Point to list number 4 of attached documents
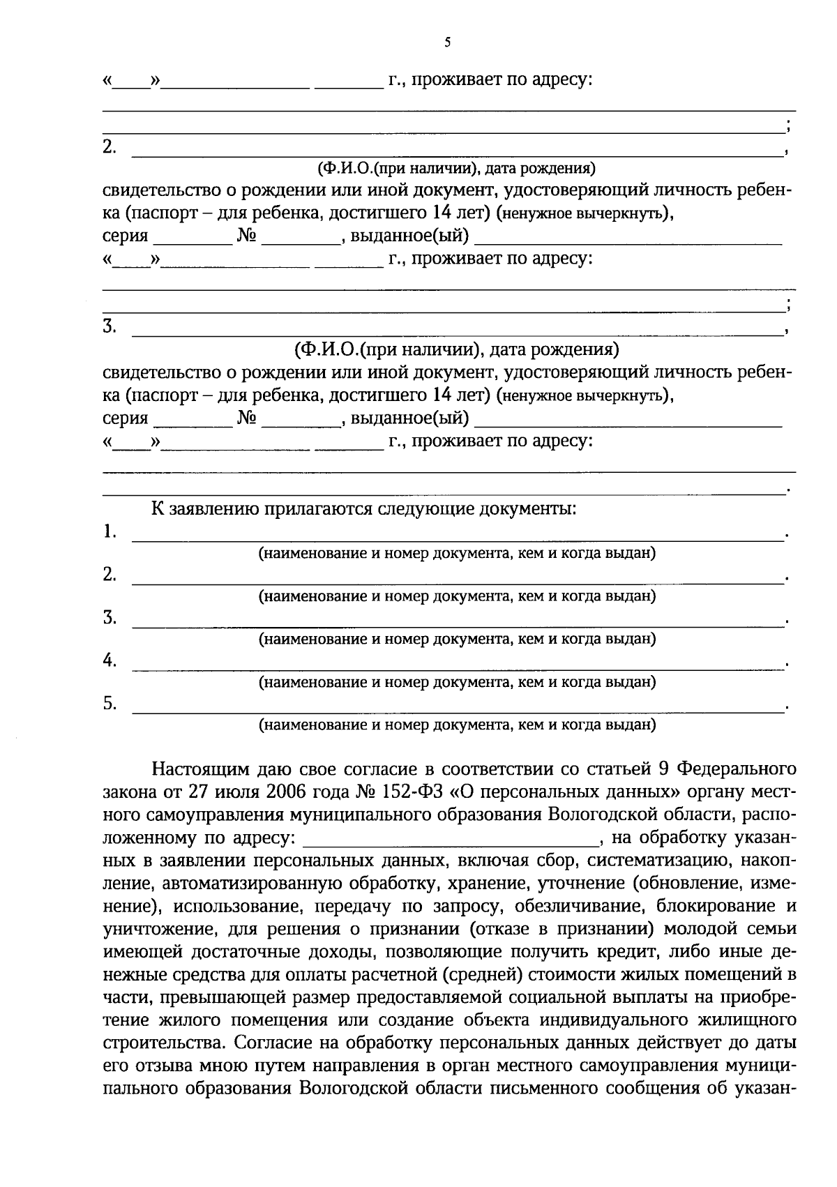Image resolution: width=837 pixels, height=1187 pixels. (x=110, y=660)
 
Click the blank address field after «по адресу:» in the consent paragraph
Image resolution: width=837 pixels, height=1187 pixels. (x=450, y=839)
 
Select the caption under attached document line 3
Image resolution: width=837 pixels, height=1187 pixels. (x=457, y=639)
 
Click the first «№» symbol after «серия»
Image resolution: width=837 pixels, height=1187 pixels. (x=247, y=236)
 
